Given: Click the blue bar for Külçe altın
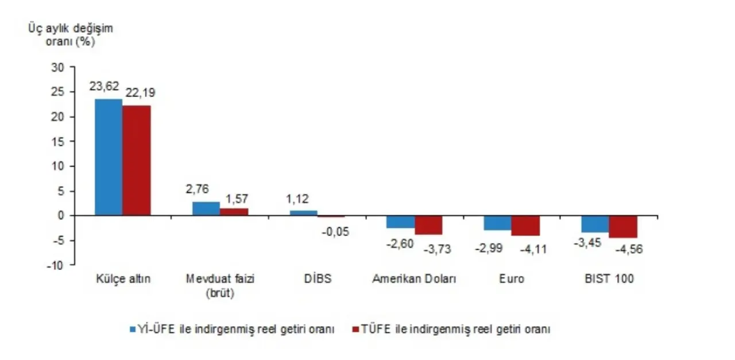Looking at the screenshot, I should (109, 157).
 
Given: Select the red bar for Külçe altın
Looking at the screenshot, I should (137, 160).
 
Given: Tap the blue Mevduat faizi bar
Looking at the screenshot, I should (206, 208).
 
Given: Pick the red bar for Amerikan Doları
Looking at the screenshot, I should (428, 224).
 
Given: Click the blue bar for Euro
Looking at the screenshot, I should (497, 223).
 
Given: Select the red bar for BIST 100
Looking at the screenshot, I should (623, 226).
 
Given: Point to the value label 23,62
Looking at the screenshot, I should (104, 86).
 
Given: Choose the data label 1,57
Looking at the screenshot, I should (235, 198).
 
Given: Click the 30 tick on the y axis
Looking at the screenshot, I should (58, 67).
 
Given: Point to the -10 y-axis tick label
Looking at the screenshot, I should (55, 265).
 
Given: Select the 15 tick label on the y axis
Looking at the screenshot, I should (58, 141).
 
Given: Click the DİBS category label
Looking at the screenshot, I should (318, 279).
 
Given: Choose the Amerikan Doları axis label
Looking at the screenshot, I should (414, 279).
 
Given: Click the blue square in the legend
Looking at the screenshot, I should (132, 330).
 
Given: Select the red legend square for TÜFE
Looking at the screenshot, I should (355, 330).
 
